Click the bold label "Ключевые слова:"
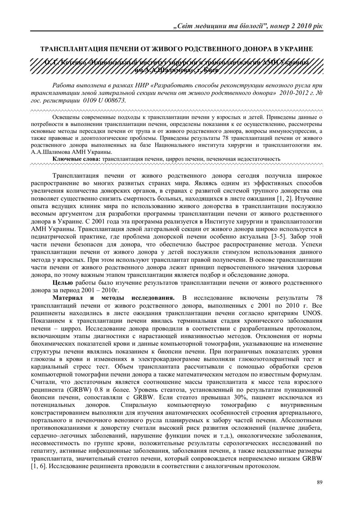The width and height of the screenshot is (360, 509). pos(77,159)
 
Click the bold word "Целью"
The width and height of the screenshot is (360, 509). pos(63,283)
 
